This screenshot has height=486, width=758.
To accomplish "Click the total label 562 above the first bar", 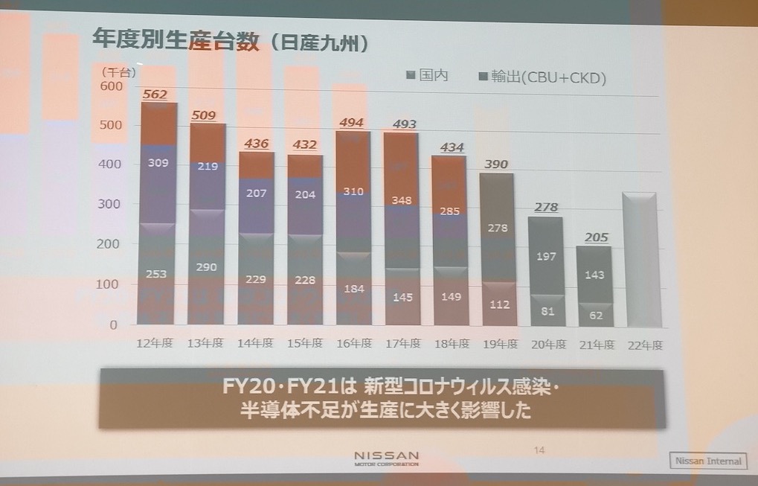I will [x=155, y=95].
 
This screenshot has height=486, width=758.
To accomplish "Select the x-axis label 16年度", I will [x=353, y=343].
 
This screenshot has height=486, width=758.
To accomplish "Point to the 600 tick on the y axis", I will [x=108, y=86].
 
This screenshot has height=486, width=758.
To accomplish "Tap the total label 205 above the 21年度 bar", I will [x=595, y=237].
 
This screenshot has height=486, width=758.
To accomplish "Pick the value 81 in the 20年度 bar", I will [x=547, y=311].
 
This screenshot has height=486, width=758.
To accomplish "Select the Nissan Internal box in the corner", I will [x=708, y=461].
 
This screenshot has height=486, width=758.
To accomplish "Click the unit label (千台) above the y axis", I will [x=118, y=71].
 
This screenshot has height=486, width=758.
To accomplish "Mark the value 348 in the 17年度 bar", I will [x=402, y=200].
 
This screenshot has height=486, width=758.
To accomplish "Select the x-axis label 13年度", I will [x=205, y=343].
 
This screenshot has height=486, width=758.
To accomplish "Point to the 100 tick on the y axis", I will [x=108, y=285].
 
